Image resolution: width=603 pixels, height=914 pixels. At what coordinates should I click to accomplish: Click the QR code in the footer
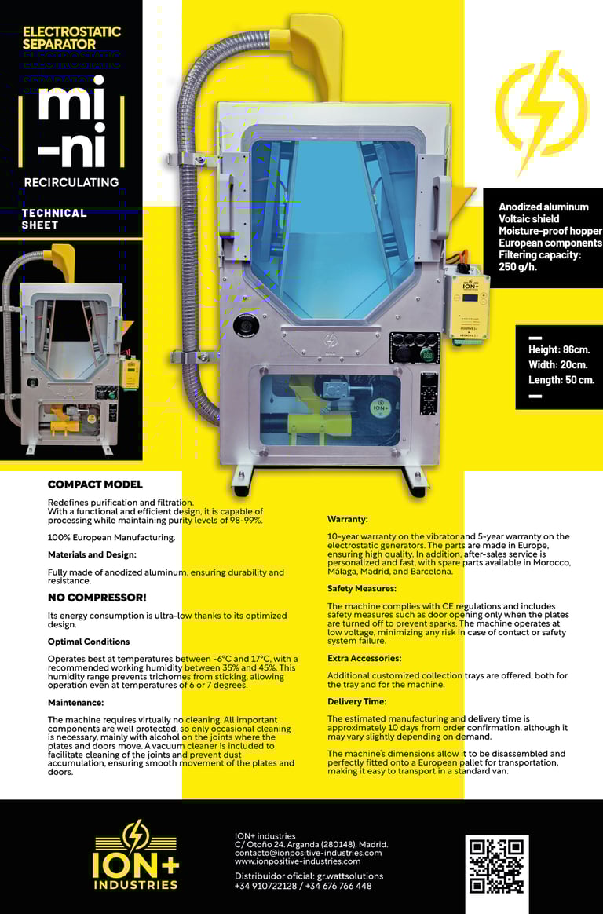click(x=496, y=866)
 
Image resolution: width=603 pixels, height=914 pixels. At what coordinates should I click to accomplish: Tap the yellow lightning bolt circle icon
click(x=542, y=109)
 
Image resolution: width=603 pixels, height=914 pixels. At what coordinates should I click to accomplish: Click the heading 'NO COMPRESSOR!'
click(x=97, y=598)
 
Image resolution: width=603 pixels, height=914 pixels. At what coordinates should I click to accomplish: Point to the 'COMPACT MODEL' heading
click(x=95, y=484)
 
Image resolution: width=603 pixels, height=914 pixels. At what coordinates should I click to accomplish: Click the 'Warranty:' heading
click(x=347, y=519)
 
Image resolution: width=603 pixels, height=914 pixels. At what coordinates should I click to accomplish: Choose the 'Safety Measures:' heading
click(x=362, y=588)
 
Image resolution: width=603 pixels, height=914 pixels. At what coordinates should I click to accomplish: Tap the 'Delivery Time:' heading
click(x=357, y=701)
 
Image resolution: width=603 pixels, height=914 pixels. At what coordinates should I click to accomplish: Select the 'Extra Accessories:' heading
click(x=364, y=658)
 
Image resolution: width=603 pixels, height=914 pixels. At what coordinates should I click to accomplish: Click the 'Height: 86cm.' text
click(x=559, y=349)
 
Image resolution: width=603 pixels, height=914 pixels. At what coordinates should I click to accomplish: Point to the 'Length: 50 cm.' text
click(x=561, y=380)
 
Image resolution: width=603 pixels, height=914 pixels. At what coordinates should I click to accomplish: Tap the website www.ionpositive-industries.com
click(x=298, y=861)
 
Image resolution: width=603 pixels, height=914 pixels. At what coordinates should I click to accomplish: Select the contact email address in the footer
click(x=309, y=853)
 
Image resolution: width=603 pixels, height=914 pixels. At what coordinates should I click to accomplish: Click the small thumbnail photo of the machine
click(x=71, y=349)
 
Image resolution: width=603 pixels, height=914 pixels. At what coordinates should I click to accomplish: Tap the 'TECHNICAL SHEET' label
click(x=54, y=218)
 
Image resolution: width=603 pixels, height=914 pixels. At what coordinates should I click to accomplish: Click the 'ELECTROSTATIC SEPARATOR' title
click(x=71, y=38)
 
